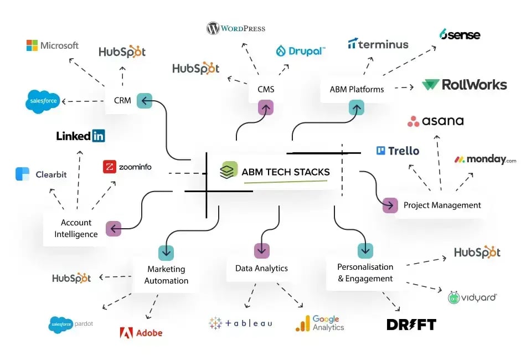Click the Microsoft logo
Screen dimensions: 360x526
pos(53,45)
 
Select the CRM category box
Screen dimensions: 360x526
pos(122,101)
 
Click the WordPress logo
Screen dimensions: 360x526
pos(236,28)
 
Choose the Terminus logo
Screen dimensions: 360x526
pos(378,44)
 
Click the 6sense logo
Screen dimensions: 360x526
pos(460,35)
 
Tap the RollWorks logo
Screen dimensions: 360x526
pos(464,85)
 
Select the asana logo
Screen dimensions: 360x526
pos(435,121)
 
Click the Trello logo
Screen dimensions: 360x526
pos(398,151)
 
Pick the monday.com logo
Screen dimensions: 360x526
pos(485,160)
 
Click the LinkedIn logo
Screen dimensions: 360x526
pos(80,136)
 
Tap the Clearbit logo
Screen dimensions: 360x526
pos(41,174)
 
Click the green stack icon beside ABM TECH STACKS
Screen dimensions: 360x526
pos(228,170)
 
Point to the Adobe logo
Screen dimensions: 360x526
pos(141,332)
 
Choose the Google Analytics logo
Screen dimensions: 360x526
pos(320,323)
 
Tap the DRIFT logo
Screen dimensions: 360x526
pos(411,325)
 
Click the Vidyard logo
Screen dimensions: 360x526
pos(472,297)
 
